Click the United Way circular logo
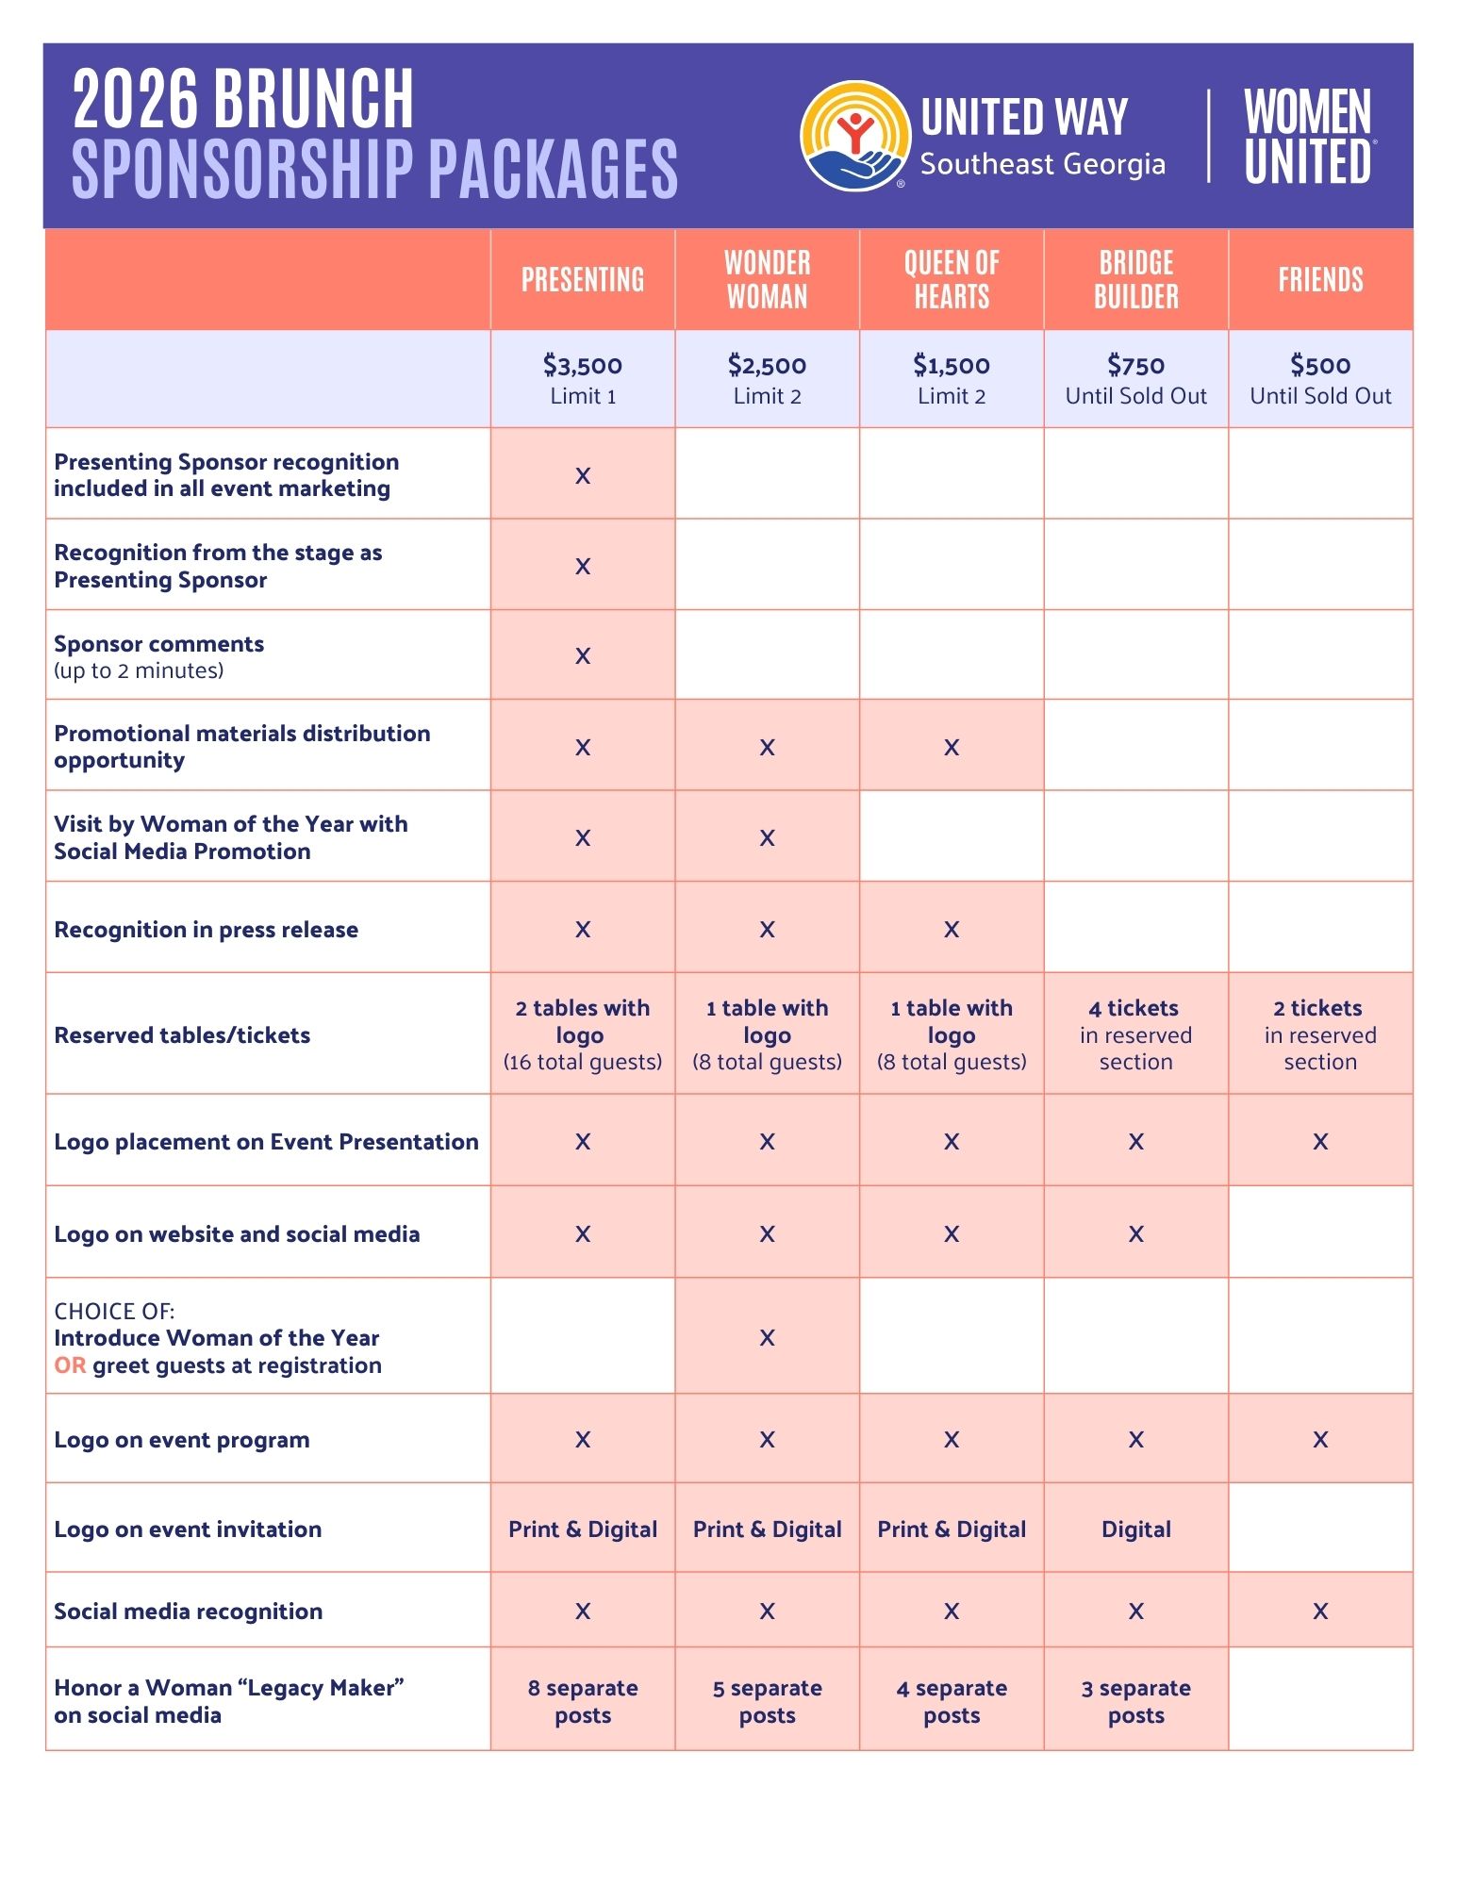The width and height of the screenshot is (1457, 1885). point(854,136)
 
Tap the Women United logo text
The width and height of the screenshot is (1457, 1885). point(1307,137)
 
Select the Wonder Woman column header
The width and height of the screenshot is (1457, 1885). point(767,279)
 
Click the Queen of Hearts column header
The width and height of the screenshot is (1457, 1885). point(951,279)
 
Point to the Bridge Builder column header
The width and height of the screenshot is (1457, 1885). point(1135,279)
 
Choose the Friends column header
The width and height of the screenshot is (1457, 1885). point(1320,279)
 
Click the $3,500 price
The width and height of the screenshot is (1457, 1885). point(583,365)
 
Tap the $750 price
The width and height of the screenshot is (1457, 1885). point(1135,365)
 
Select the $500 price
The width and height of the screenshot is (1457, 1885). point(1320,365)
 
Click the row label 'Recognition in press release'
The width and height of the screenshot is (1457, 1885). point(206,930)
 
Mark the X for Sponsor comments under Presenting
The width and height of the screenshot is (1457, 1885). point(583,656)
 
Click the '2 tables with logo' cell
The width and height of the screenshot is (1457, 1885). point(583,1034)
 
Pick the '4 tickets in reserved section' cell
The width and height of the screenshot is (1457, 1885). point(1135,1034)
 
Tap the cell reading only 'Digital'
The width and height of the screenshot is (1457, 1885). point(1135,1529)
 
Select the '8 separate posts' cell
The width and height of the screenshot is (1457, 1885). point(583,1701)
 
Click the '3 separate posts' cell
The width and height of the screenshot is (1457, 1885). point(1135,1701)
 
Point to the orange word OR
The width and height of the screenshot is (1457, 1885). point(70,1365)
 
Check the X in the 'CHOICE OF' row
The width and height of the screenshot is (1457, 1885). point(767,1338)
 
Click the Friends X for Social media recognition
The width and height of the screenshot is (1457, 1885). point(1320,1612)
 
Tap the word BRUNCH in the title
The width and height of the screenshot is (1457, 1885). point(313,98)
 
